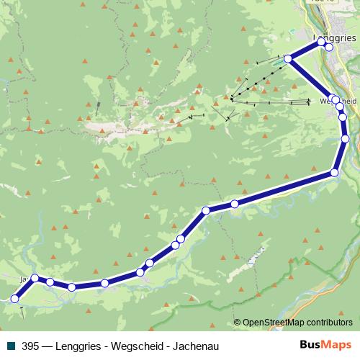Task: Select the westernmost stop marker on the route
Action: point(15,297)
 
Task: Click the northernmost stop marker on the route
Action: point(323,42)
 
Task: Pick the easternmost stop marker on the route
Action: point(345,138)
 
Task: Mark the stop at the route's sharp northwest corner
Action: point(288,59)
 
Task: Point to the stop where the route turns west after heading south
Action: point(334,172)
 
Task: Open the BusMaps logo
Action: point(325,345)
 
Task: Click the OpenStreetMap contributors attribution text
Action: point(297,323)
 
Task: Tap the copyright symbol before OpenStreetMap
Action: point(237,323)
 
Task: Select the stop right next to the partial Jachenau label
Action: point(34,278)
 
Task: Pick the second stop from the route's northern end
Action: point(329,48)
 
